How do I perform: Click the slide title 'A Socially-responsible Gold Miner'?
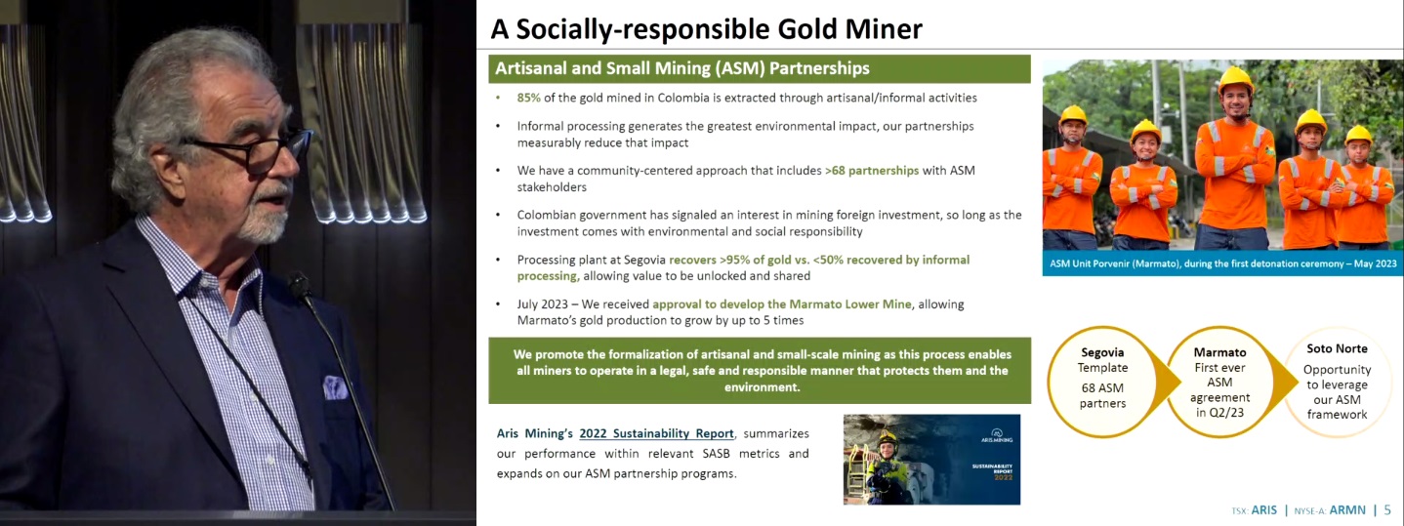pos(706,29)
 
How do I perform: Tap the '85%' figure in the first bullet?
pos(528,98)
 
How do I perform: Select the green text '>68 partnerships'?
pos(872,171)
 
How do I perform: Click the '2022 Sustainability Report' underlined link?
pos(656,433)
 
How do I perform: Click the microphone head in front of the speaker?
pos(299,286)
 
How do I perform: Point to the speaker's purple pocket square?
pos(335,387)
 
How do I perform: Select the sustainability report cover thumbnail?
pos(931,459)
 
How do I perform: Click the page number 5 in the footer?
pos(1387,509)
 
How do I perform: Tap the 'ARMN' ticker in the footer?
pos(1347,509)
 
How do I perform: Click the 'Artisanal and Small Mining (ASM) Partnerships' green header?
pos(759,68)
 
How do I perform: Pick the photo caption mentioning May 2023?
pos(1222,263)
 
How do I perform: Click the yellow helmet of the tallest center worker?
pos(1235,78)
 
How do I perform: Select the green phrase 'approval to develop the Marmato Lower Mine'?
pos(782,304)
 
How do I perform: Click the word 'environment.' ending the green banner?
pos(763,387)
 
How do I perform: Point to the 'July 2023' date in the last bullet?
pos(542,304)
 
